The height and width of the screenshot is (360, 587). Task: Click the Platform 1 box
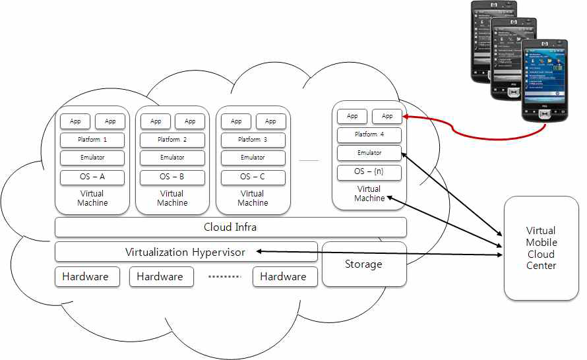click(x=92, y=140)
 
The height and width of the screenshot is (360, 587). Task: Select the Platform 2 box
click(x=172, y=140)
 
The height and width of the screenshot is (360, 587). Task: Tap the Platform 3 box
click(x=253, y=140)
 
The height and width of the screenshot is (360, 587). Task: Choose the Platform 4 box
click(x=369, y=135)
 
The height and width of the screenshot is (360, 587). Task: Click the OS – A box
click(x=92, y=177)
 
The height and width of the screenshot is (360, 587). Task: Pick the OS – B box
click(x=172, y=177)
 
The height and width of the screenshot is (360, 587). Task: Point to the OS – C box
click(x=253, y=177)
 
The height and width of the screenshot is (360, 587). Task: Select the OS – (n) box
click(x=369, y=173)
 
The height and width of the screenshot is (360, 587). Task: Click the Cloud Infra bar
click(x=230, y=227)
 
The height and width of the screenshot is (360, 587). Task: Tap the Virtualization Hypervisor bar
click(x=185, y=252)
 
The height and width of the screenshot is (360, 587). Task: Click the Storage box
click(x=363, y=264)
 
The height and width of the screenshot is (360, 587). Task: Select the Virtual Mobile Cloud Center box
click(x=541, y=248)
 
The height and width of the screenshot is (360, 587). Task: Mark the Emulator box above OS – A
click(x=92, y=158)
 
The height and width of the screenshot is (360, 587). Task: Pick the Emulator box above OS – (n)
click(x=369, y=153)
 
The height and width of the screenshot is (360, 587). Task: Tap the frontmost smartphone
click(x=544, y=82)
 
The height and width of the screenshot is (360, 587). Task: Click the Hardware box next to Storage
click(x=283, y=277)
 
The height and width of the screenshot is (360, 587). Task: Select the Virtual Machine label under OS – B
click(x=172, y=198)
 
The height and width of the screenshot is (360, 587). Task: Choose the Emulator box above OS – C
click(x=253, y=158)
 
